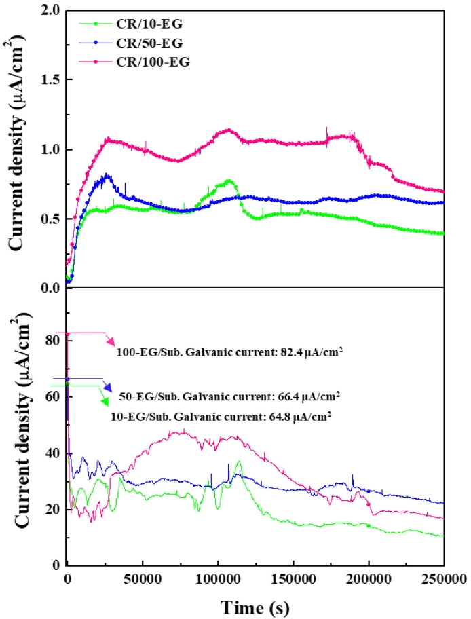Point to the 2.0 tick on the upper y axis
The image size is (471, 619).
click(51, 12)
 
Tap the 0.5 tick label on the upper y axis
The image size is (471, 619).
click(51, 219)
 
